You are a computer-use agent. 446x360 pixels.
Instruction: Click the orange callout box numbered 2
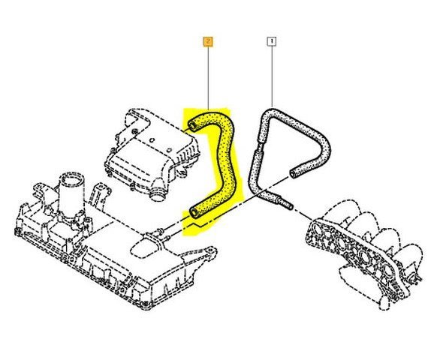pos(208,42)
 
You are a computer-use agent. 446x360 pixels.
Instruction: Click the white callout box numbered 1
pos(272,42)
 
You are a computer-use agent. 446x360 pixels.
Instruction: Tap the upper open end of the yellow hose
pos(192,126)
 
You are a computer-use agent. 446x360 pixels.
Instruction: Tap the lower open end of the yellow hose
pos(194,212)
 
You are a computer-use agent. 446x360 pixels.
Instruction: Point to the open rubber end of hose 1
pos(293,173)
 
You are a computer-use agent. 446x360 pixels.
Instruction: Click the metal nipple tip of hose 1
pos(288,205)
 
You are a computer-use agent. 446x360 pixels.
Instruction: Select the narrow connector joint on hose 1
pos(258,146)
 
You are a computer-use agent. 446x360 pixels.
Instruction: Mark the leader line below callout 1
pos(272,76)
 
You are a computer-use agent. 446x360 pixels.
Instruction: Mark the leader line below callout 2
pos(208,78)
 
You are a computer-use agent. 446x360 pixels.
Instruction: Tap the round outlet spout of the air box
pos(157,196)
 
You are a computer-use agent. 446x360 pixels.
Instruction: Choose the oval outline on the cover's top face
pos(144,248)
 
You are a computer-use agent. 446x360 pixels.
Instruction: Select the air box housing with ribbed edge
pos(152,154)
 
